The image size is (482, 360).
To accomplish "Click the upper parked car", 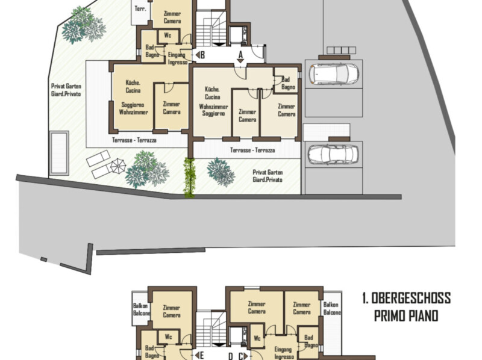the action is [334, 74].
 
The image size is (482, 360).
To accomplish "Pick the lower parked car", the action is [333, 155].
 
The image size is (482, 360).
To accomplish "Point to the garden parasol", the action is [118, 166].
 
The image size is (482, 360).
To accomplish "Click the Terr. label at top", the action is [140, 8].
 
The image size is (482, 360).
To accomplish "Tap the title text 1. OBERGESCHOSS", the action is [406, 298].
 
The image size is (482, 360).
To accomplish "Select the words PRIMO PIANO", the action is [405, 315].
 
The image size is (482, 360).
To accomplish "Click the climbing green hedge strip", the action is [189, 178].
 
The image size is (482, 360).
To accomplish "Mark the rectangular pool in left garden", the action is [59, 153].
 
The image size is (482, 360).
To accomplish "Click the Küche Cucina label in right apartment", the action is [213, 93].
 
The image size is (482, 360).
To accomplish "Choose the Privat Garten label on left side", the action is [66, 90].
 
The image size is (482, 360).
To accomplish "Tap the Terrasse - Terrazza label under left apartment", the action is [134, 140].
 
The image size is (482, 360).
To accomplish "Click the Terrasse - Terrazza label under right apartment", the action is [252, 151].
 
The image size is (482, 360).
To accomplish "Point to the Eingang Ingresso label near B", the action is [177, 58].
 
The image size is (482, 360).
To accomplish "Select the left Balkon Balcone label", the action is [141, 309].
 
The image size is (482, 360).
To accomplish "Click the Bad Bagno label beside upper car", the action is [288, 83].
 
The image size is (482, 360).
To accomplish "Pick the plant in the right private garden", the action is [221, 172].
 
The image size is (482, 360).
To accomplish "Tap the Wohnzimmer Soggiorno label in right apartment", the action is [213, 110].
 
